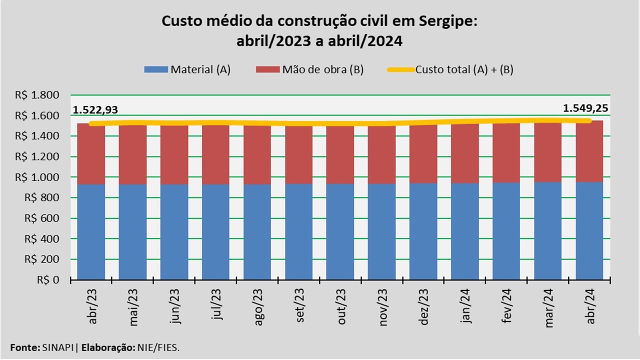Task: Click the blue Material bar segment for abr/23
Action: point(91,231)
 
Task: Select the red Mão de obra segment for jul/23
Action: point(215,154)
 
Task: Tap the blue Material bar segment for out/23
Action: point(340,231)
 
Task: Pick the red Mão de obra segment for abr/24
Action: point(589,151)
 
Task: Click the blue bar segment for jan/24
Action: point(465,231)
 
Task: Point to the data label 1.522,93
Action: point(95,110)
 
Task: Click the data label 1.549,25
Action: point(586,108)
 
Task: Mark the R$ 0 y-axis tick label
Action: point(48,280)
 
